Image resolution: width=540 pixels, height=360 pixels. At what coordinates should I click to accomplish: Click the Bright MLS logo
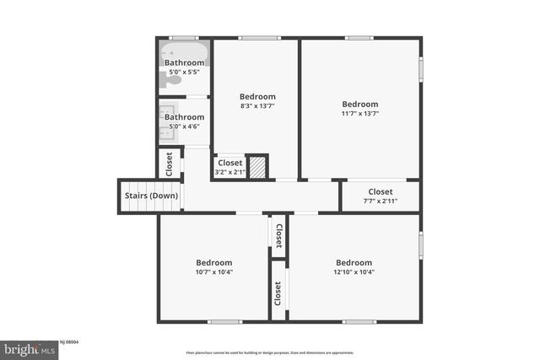click(30, 347)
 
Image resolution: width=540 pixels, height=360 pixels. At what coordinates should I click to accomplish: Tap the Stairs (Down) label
click(151, 196)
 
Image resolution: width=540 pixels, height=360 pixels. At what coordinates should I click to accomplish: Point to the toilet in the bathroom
click(165, 79)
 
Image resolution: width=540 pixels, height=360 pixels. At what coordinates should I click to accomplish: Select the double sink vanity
click(165, 123)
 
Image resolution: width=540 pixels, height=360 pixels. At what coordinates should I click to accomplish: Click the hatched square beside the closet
click(257, 166)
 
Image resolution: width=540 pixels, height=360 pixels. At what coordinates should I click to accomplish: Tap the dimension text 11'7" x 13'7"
click(359, 114)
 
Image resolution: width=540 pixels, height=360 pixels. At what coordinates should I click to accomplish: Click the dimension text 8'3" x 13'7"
click(256, 106)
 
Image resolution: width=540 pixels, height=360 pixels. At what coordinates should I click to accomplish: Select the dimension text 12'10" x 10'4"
click(354, 271)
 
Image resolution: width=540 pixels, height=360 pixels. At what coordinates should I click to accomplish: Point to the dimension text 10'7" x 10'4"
click(214, 271)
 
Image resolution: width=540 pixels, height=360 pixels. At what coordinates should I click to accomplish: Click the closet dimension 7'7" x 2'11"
click(380, 201)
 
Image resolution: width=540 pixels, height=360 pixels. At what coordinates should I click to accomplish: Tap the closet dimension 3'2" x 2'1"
click(229, 172)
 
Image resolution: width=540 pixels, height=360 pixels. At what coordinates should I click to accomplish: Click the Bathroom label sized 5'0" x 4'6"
click(184, 126)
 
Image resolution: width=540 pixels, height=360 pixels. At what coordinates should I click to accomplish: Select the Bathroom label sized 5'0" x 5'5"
click(184, 73)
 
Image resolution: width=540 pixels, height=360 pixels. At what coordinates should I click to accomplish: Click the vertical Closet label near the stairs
click(170, 163)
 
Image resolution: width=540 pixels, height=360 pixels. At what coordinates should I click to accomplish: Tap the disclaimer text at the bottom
click(270, 352)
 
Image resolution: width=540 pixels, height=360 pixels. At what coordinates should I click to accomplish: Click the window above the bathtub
click(184, 38)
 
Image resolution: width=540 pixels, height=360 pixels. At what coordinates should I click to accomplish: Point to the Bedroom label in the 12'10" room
click(354, 262)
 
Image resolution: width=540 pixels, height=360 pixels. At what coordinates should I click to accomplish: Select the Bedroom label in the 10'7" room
click(214, 262)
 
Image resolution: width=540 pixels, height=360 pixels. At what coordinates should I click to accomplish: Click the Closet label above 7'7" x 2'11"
click(380, 191)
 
